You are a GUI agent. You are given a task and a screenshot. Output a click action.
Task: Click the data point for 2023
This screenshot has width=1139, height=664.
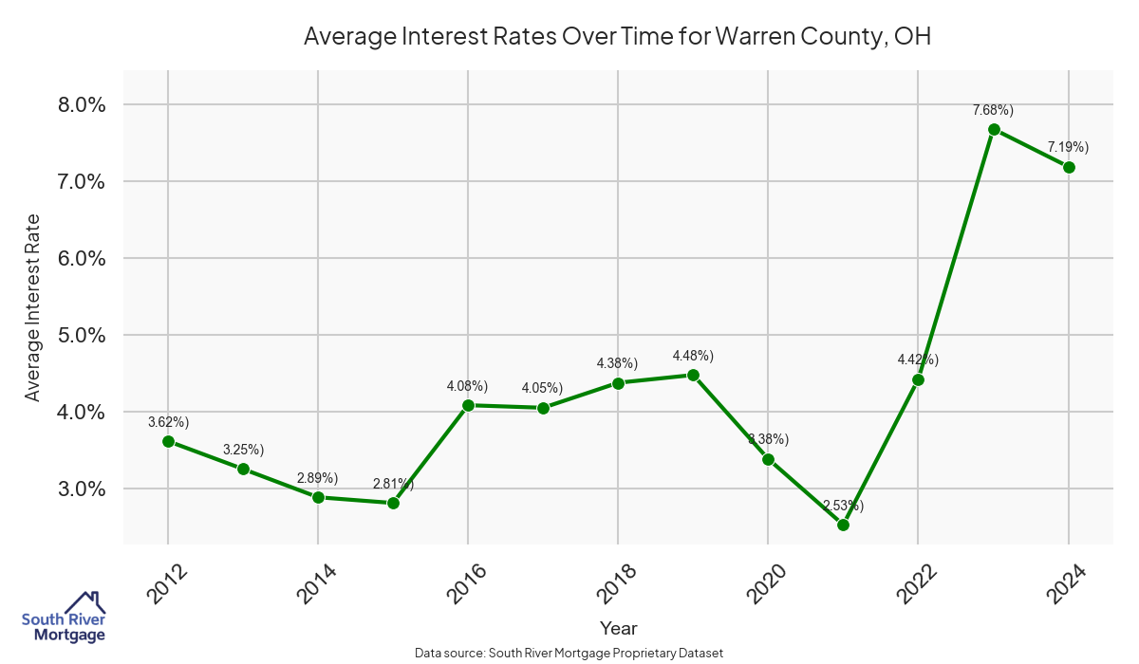(x=994, y=129)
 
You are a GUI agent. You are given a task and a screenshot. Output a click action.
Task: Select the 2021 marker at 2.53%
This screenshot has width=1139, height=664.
(x=843, y=525)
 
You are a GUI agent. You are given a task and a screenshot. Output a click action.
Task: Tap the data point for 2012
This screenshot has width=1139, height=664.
(x=168, y=441)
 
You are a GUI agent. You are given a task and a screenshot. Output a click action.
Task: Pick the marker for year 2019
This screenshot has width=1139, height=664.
(x=693, y=375)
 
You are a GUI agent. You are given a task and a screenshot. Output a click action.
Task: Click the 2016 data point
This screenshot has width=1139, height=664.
(x=468, y=405)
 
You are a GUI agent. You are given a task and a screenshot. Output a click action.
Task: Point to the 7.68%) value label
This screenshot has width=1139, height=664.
(x=993, y=110)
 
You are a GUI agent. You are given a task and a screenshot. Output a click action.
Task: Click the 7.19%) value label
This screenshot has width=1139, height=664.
(x=1068, y=147)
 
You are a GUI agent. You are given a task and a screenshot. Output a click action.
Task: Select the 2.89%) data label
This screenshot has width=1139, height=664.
(x=317, y=477)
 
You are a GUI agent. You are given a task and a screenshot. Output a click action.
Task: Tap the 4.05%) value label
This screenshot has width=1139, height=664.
(x=542, y=388)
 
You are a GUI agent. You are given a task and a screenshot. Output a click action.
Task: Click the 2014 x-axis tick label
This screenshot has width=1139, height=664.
(x=317, y=584)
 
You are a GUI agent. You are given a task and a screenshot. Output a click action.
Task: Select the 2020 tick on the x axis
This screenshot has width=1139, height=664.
(x=767, y=584)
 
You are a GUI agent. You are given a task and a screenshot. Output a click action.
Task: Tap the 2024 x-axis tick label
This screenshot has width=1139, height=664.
(x=1067, y=584)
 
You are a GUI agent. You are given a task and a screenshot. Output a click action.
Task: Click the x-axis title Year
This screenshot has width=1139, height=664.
(x=619, y=628)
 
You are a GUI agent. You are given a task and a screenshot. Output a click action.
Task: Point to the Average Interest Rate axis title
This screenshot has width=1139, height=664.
(x=33, y=307)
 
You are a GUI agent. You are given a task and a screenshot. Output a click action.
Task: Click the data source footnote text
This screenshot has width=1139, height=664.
(x=569, y=653)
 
